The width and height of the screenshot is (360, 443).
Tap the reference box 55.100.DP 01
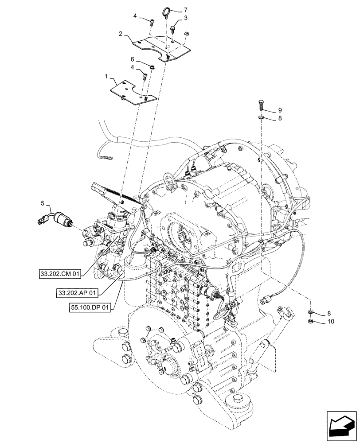[90, 306]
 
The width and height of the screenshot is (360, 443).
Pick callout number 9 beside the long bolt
[280, 110]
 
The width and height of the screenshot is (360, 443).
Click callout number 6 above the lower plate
[132, 58]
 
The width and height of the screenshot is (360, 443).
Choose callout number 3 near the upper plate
[186, 18]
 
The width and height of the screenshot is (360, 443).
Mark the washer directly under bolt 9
[261, 118]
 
